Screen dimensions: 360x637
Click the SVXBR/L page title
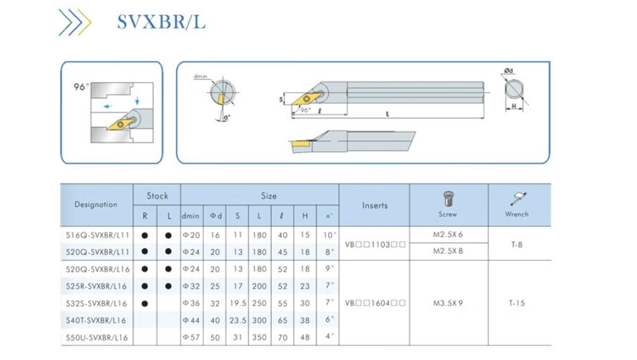click(161, 22)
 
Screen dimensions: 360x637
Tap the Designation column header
click(96, 204)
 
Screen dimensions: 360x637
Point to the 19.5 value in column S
click(237, 303)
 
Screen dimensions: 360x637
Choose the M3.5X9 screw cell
click(448, 303)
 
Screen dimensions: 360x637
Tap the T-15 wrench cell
click(517, 303)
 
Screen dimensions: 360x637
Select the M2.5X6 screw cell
click(448, 235)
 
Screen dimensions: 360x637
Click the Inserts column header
click(375, 205)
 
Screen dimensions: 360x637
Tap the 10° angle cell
click(328, 235)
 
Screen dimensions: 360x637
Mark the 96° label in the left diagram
click(82, 87)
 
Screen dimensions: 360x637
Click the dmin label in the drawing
click(201, 76)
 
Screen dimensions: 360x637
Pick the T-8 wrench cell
click(517, 243)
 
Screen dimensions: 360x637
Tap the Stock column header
click(157, 195)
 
